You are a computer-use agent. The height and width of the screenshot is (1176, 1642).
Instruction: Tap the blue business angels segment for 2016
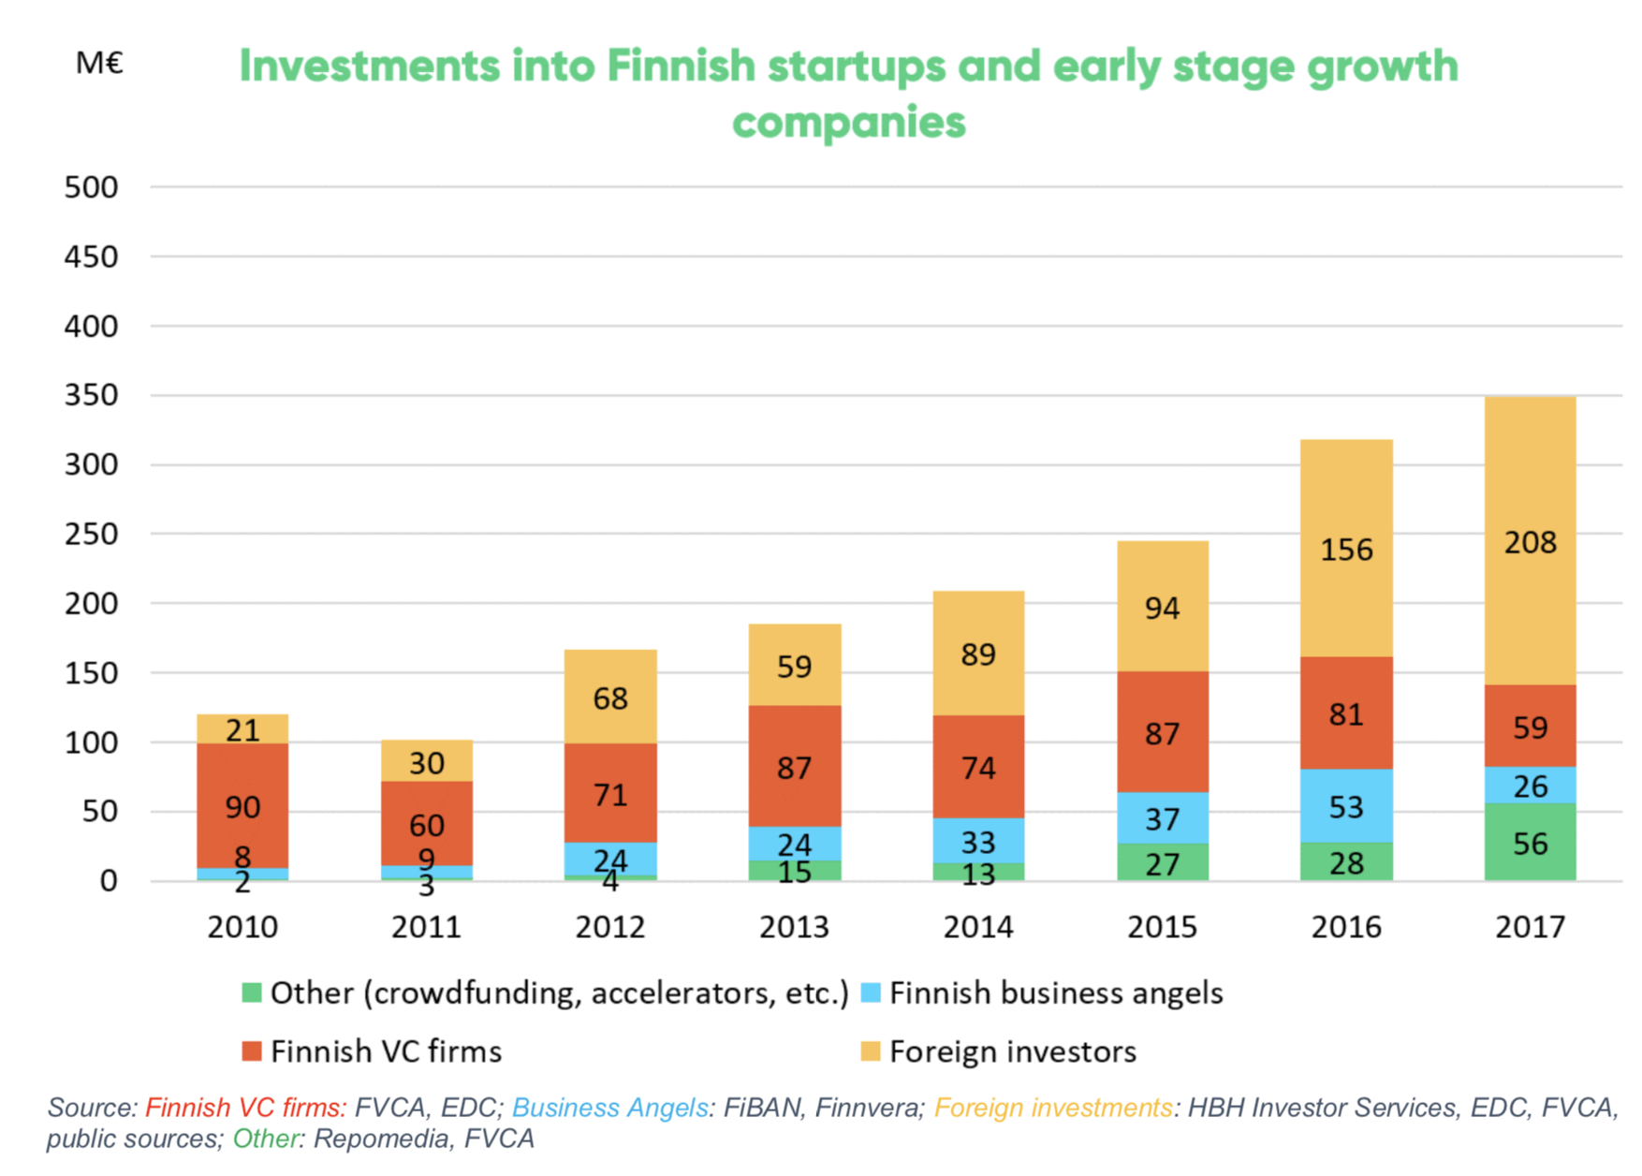pyautogui.click(x=1346, y=806)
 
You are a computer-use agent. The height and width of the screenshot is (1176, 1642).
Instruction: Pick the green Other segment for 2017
pyautogui.click(x=1530, y=843)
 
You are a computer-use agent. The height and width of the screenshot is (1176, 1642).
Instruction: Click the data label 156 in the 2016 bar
pyautogui.click(x=1346, y=550)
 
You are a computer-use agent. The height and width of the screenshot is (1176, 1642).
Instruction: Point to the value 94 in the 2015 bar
pyautogui.click(x=1162, y=609)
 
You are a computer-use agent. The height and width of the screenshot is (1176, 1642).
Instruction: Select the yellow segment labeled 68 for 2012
pyautogui.click(x=610, y=698)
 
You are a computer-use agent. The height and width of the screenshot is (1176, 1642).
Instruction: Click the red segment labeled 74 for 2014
pyautogui.click(x=978, y=767)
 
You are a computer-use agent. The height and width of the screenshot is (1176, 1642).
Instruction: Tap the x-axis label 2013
pyautogui.click(x=794, y=927)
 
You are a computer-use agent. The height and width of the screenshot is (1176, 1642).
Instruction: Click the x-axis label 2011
pyautogui.click(x=426, y=927)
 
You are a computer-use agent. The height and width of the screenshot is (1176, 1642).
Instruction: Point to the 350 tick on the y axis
pyautogui.click(x=91, y=395)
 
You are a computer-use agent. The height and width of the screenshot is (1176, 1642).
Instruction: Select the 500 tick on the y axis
pyautogui.click(x=91, y=187)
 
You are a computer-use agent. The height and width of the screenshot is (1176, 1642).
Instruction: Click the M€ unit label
pyautogui.click(x=99, y=63)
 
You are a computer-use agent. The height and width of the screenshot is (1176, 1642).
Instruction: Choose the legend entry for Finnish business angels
pyautogui.click(x=1055, y=993)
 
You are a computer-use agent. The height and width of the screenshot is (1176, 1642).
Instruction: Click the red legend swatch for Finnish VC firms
pyautogui.click(x=251, y=1051)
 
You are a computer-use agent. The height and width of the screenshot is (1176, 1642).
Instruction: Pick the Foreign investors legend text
pyautogui.click(x=1012, y=1051)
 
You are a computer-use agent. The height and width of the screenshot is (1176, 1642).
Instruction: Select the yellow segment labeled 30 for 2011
pyautogui.click(x=426, y=761)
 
